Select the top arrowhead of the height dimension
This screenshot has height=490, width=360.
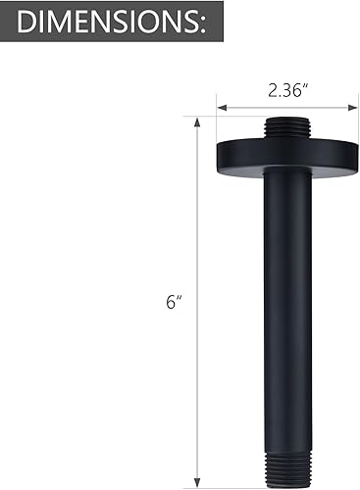point(198,121)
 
